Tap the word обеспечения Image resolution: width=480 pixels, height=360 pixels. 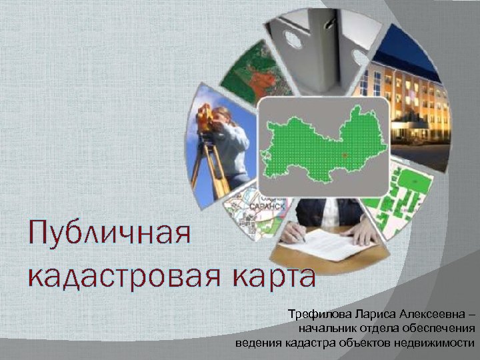440,329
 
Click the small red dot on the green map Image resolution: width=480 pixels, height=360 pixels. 344,155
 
